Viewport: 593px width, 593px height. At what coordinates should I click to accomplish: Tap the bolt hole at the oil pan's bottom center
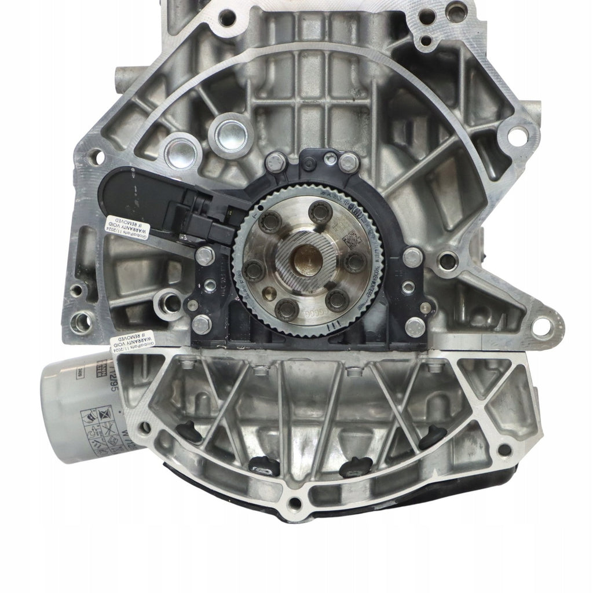click(x=296, y=503)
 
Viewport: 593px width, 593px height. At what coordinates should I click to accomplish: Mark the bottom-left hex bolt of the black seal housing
click(x=200, y=324)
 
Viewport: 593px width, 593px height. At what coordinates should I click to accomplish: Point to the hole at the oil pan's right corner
click(x=506, y=449)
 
